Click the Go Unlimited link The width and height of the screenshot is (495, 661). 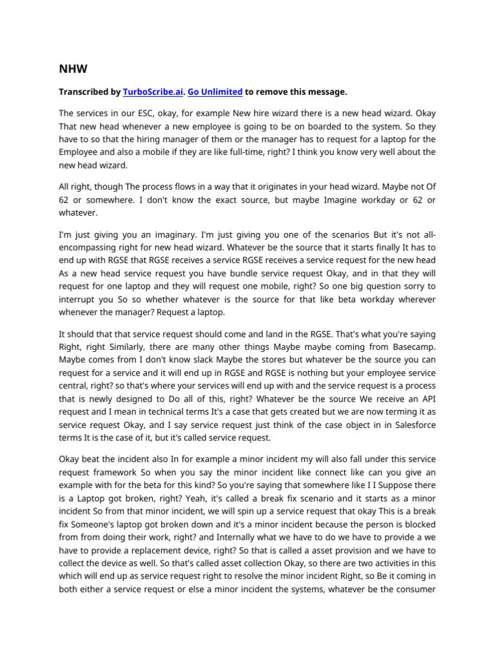pyautogui.click(x=215, y=92)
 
